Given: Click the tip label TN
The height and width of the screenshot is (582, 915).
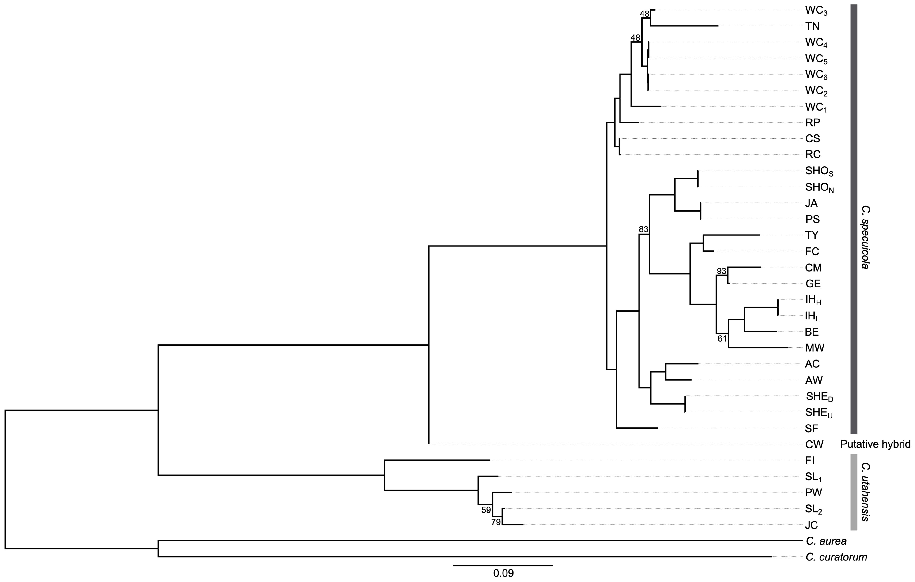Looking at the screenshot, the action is pos(812,26).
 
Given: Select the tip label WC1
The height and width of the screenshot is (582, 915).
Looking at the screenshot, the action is pos(815,108).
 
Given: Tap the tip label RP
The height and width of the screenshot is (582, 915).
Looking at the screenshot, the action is pos(812,122).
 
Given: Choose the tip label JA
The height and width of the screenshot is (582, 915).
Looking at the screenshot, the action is pos(811,204).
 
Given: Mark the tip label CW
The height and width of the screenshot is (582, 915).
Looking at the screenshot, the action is pos(813,444).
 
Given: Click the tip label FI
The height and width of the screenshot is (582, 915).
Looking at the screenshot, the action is pos(809,460).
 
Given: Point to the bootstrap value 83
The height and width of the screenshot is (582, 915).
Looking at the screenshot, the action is pos(643,229).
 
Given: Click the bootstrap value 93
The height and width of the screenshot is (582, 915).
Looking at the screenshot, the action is pos(721,271).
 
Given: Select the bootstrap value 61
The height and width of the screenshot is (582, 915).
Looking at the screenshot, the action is pos(722,339).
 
